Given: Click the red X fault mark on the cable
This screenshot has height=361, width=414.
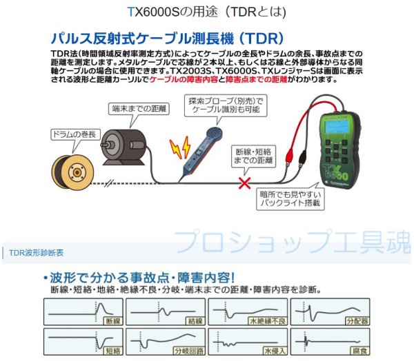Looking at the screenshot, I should [x=243, y=183].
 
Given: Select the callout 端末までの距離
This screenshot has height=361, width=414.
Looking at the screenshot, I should [x=139, y=108].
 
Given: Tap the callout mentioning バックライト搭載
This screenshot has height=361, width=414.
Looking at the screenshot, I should [x=288, y=199].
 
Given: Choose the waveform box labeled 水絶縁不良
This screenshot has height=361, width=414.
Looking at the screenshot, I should [x=246, y=311].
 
